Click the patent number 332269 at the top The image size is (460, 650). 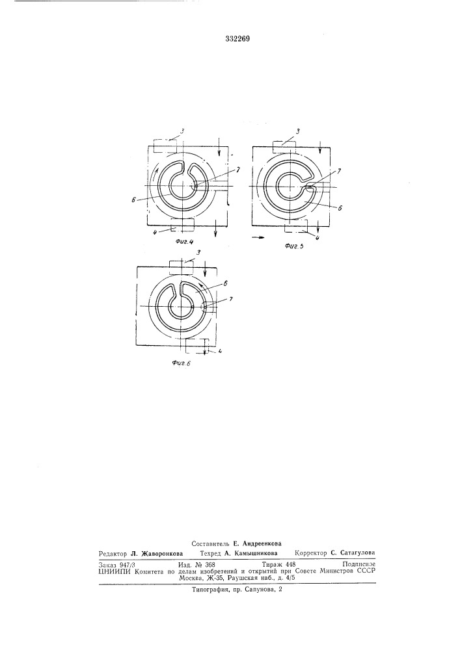coord(237,40)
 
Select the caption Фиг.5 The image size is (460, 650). coord(295,246)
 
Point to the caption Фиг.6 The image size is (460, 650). coord(181,363)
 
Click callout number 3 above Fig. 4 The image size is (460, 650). coord(182,131)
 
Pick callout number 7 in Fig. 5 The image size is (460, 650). coord(340,170)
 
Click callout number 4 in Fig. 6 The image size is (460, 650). coord(219,351)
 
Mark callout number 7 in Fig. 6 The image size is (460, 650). coord(230,298)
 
